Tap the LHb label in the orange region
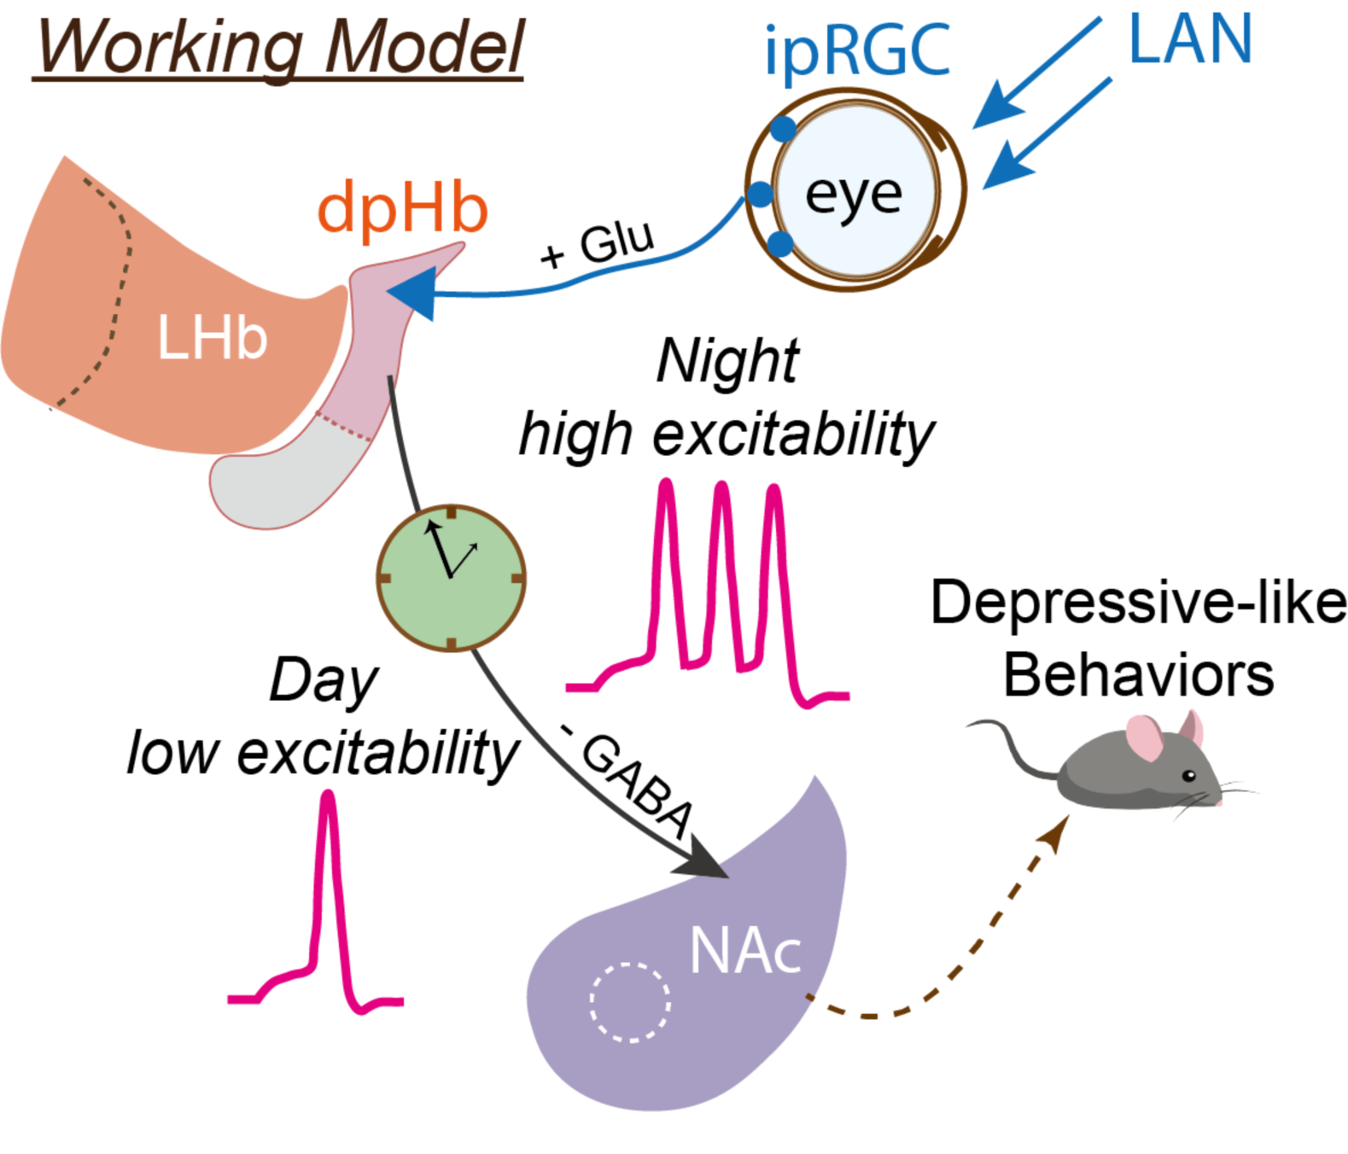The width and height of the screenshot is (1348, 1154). tap(213, 338)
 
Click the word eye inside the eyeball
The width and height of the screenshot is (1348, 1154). tap(853, 194)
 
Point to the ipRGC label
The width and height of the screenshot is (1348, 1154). tap(856, 50)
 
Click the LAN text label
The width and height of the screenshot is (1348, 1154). tap(1190, 39)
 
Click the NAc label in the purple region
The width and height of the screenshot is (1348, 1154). tap(745, 951)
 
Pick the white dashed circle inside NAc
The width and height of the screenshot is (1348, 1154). tap(630, 1003)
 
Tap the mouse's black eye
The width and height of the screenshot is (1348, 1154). tap(1188, 775)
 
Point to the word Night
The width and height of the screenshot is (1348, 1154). tap(727, 361)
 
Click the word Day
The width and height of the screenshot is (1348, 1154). tap(323, 680)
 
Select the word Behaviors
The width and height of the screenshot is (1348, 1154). tap(1138, 675)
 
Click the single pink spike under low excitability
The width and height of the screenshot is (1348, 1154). tap(328, 896)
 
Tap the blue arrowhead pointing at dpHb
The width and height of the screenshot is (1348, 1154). tap(414, 293)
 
